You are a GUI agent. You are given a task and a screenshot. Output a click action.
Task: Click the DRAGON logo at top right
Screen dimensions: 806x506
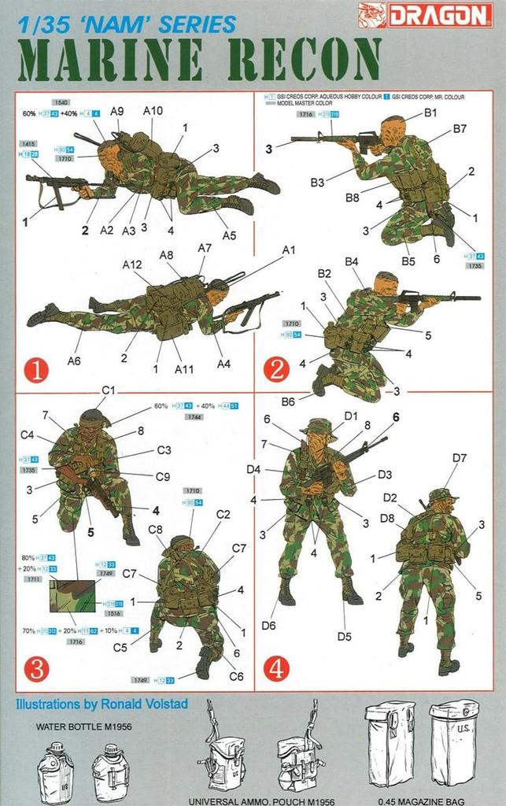(x=429, y=13)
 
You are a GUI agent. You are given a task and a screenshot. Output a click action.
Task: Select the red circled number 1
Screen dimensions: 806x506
(x=36, y=368)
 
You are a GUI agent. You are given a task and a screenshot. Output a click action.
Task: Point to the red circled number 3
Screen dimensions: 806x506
(x=36, y=668)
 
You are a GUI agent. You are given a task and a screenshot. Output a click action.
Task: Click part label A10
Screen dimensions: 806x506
(x=153, y=111)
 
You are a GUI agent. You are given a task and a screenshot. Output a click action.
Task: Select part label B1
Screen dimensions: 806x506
(x=430, y=113)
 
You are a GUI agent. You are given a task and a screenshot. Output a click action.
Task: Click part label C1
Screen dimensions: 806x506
(x=109, y=390)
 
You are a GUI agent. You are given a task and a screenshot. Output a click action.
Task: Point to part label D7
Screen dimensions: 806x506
(x=460, y=457)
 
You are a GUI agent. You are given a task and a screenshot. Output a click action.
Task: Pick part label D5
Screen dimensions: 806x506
(x=343, y=636)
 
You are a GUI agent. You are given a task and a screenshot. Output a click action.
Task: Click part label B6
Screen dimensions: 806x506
(x=288, y=401)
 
